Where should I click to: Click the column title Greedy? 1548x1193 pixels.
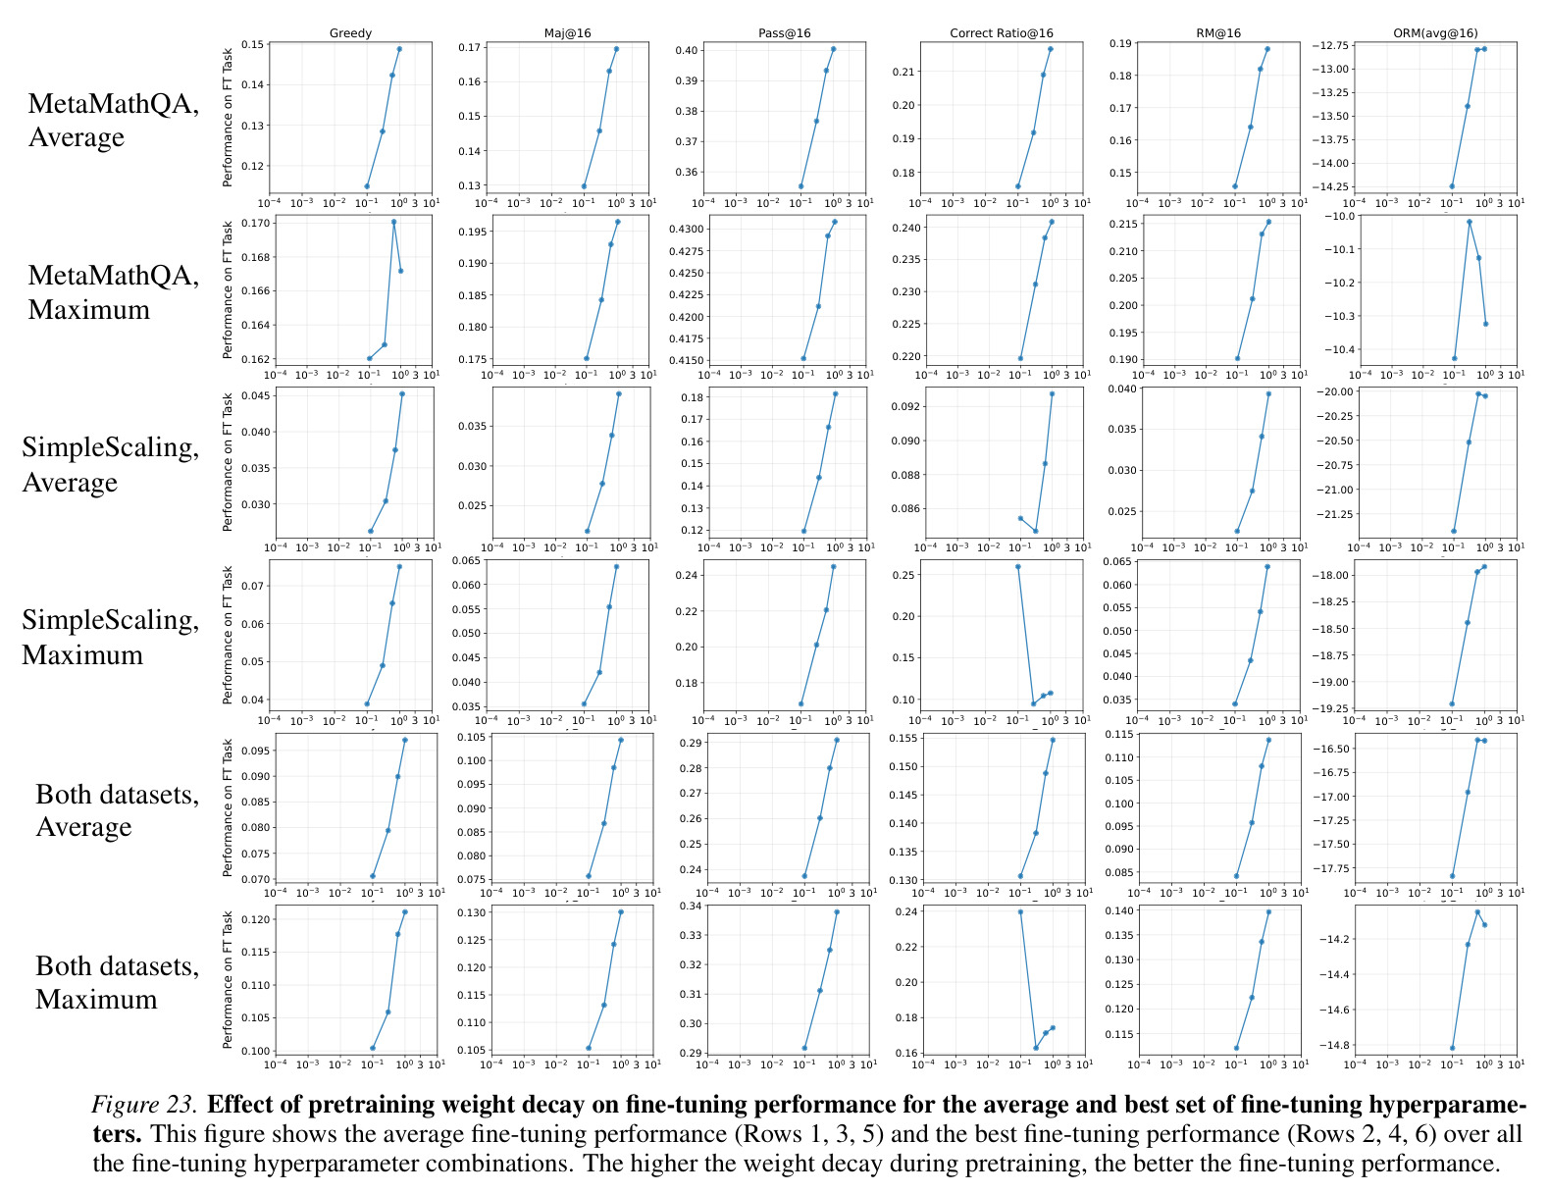[x=350, y=32]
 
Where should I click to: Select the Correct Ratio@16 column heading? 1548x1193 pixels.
[x=1001, y=32]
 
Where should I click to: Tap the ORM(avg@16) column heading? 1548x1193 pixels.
[x=1435, y=32]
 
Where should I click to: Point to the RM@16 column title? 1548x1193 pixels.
[x=1218, y=32]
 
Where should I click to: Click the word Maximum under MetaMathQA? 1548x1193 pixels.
[x=89, y=310]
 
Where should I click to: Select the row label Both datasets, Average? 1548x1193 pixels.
[x=118, y=809]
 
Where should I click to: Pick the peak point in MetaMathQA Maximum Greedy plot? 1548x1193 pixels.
[x=393, y=223]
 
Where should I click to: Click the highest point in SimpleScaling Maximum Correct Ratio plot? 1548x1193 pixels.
[x=1018, y=567]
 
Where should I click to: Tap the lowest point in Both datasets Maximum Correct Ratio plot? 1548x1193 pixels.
[x=1036, y=1048]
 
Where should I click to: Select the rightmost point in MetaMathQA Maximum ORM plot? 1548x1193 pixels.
[x=1485, y=324]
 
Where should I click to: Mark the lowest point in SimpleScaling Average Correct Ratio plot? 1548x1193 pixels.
[x=1035, y=531]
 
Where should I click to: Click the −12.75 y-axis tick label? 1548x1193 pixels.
[x=1329, y=45]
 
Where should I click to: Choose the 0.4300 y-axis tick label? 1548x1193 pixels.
[x=686, y=229]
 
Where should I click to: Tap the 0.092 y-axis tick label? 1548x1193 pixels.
[x=904, y=407]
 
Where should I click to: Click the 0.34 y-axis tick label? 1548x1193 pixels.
[x=691, y=906]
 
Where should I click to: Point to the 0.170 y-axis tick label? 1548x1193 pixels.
[x=256, y=223]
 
